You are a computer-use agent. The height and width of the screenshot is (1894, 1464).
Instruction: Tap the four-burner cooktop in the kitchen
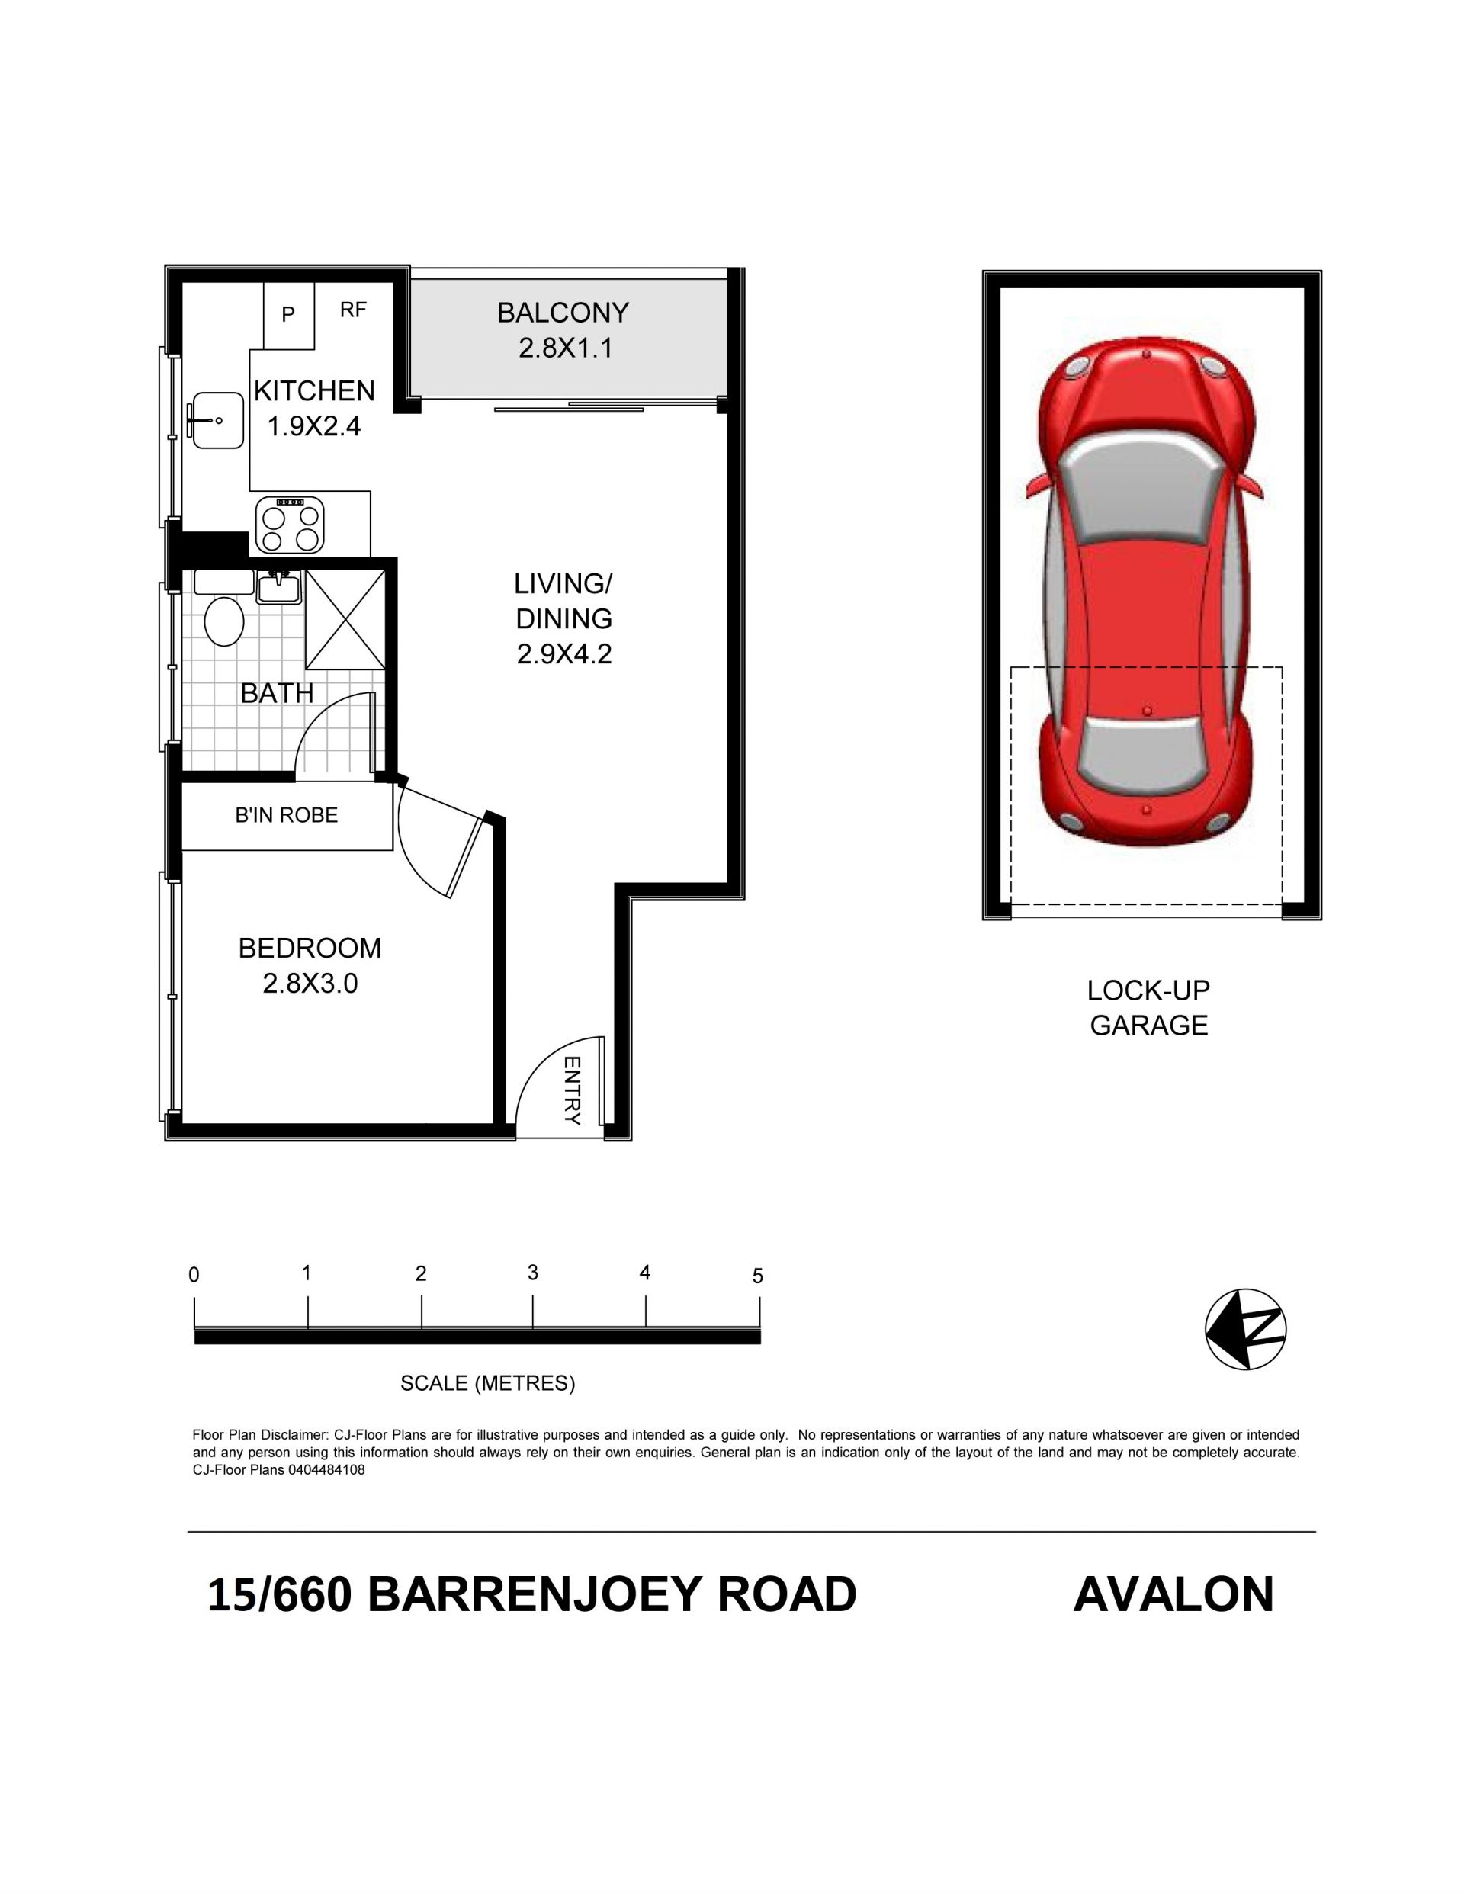(290, 525)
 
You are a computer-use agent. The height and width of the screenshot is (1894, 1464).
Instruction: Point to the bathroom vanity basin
(279, 587)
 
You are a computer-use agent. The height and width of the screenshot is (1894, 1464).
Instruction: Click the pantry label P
(289, 315)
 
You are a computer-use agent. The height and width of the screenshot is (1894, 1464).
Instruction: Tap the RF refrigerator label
(353, 310)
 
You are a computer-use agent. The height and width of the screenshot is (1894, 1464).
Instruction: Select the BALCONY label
(563, 312)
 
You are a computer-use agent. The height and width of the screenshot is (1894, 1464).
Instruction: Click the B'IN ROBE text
(286, 815)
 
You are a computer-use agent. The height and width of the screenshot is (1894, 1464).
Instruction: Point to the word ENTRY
(572, 1090)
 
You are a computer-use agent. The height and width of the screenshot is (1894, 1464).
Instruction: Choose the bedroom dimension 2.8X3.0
(310, 984)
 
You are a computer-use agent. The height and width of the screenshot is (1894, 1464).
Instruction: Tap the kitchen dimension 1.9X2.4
(313, 427)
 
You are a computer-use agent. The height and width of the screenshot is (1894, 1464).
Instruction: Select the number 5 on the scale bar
(758, 1276)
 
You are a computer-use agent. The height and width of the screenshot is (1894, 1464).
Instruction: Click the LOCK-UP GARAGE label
(1148, 1008)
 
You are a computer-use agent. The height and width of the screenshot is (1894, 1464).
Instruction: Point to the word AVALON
(1173, 1594)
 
